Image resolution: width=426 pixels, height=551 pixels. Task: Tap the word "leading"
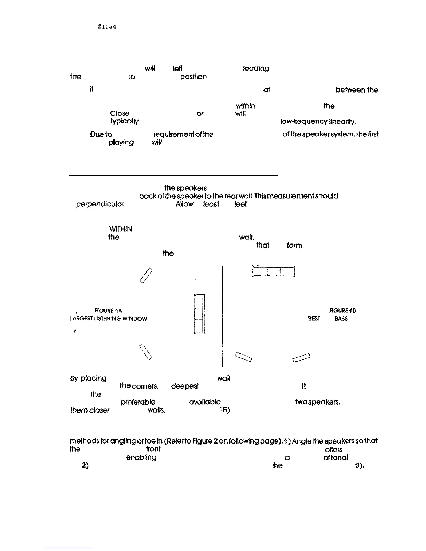tap(256, 69)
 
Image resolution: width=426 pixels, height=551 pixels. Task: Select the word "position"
tap(193, 77)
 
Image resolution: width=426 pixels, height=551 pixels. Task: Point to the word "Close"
tap(119, 114)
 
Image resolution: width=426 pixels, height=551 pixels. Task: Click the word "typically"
tap(124, 122)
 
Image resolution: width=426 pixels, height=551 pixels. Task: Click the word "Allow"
tap(184, 205)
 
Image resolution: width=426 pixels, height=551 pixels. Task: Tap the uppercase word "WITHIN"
tap(120, 229)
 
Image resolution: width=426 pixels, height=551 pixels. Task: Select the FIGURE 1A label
tap(108, 310)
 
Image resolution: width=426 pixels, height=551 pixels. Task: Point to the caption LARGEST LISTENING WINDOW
tap(109, 319)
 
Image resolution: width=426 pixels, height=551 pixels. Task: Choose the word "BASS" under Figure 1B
tap(341, 319)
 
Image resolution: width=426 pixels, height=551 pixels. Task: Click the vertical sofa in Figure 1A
tap(199, 314)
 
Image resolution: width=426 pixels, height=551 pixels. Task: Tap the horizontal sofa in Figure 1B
tap(273, 271)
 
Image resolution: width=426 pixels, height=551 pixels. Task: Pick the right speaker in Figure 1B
tap(301, 358)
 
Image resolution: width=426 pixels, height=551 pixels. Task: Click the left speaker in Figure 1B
tap(244, 357)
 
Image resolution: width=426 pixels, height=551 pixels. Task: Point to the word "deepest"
tap(185, 386)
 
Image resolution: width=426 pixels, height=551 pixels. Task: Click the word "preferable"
tap(138, 402)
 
